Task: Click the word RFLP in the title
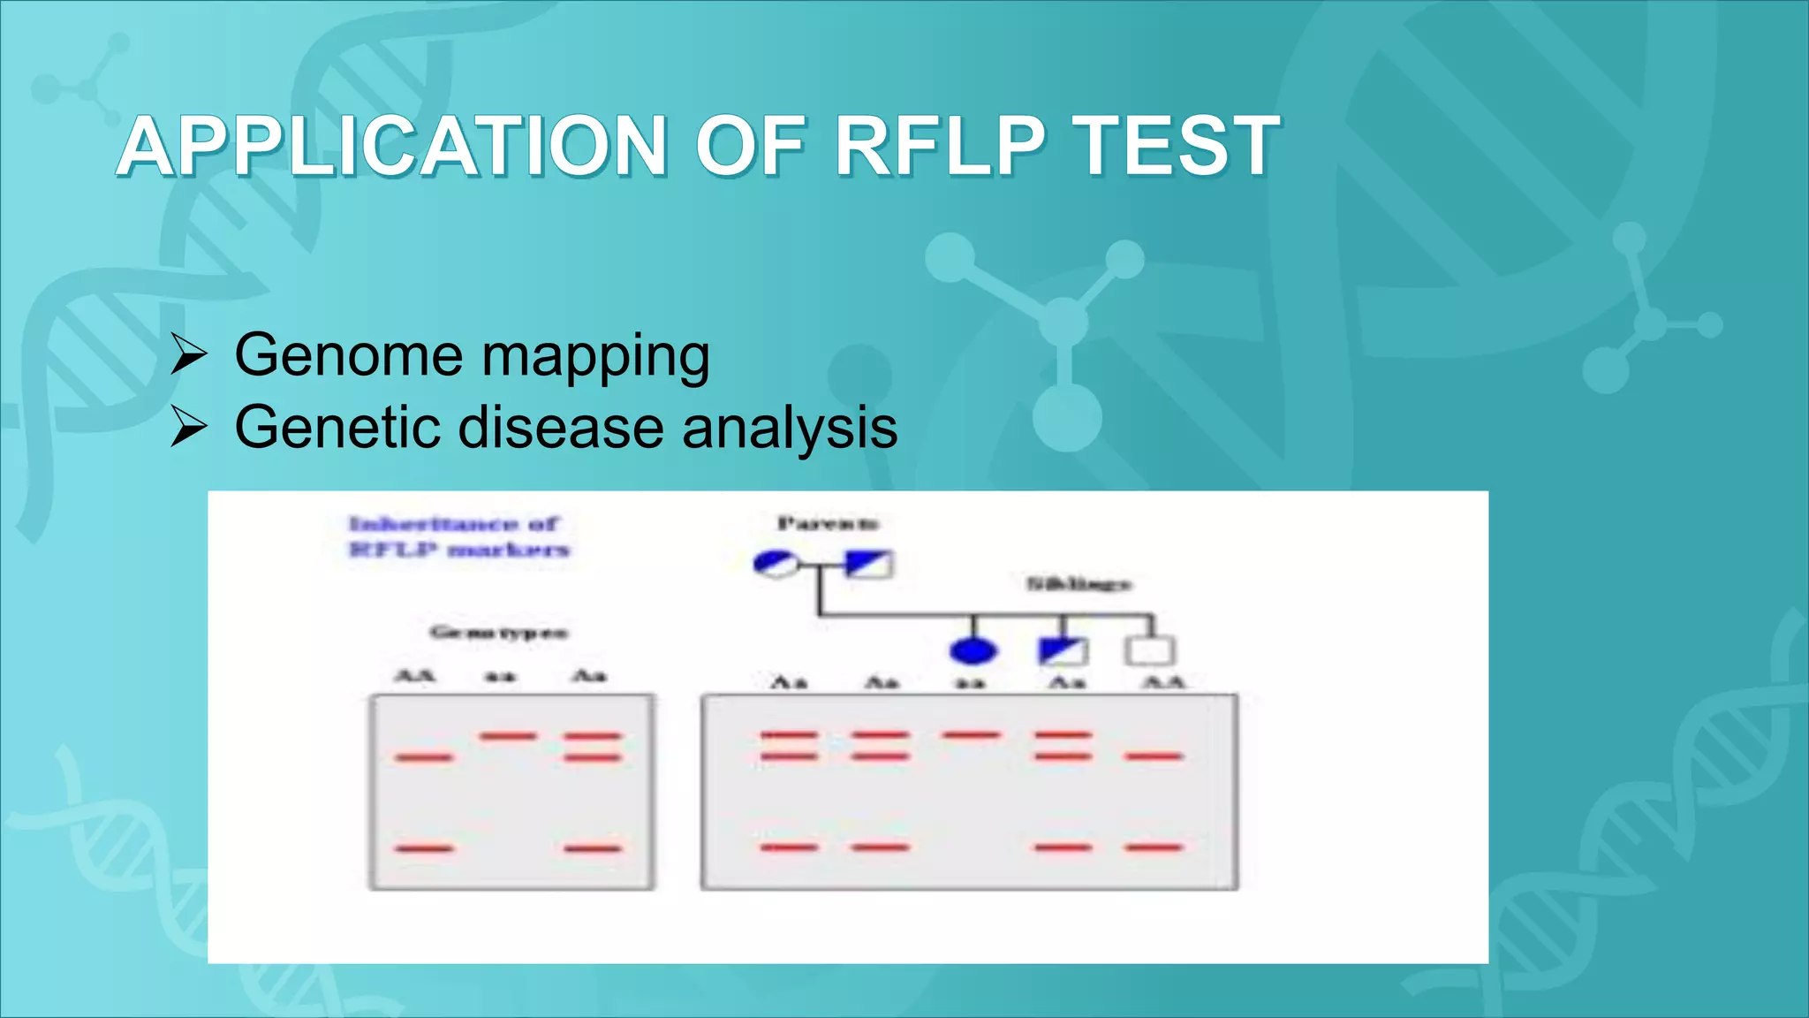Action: coord(940,146)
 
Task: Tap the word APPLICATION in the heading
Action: coord(391,146)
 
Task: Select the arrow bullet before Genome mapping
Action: coord(188,355)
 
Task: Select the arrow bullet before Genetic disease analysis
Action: coord(188,428)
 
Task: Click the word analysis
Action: coord(790,428)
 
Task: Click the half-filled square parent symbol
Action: coord(869,564)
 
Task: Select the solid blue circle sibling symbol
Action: coord(973,651)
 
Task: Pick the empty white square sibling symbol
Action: coord(1149,651)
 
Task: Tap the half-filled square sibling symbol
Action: coord(1063,651)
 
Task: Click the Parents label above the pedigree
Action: coord(828,523)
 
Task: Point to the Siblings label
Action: coord(1079,584)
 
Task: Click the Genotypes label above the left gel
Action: coord(499,632)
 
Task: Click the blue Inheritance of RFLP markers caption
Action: coord(458,536)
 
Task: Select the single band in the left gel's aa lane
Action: coord(508,736)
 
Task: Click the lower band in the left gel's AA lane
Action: coord(424,848)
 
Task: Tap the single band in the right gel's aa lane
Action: coord(972,735)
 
